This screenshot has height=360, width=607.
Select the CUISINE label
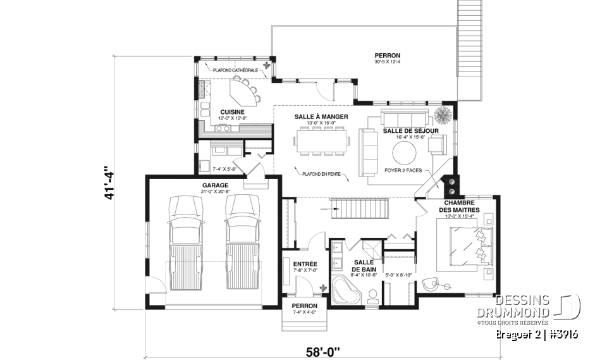(x=215, y=112)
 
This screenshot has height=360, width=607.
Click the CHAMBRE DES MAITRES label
(x=459, y=206)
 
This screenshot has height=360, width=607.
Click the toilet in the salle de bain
(x=372, y=295)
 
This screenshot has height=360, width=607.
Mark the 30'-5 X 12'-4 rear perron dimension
(x=387, y=63)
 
